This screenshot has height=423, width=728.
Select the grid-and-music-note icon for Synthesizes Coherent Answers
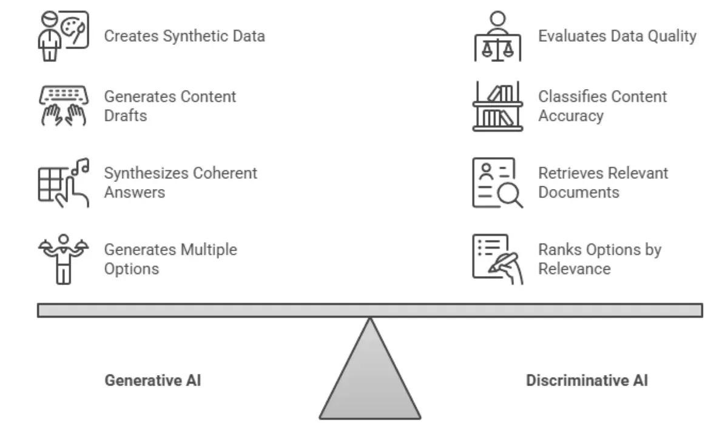pyautogui.click(x=63, y=181)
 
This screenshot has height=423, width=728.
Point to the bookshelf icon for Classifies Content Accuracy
pyautogui.click(x=497, y=107)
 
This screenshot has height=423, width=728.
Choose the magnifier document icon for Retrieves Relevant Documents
pyautogui.click(x=497, y=182)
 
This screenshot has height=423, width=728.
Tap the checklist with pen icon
pyautogui.click(x=497, y=259)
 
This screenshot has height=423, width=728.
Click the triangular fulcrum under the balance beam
pyautogui.click(x=369, y=376)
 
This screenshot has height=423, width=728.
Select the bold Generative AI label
pyautogui.click(x=152, y=381)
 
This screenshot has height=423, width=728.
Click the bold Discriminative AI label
pyautogui.click(x=586, y=381)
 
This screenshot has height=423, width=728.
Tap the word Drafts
pyautogui.click(x=126, y=116)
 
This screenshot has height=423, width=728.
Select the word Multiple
pyautogui.click(x=208, y=250)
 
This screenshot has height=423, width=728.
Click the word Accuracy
pyautogui.click(x=570, y=116)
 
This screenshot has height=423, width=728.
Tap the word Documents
pyautogui.click(x=578, y=193)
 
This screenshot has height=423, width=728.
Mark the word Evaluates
pyautogui.click(x=569, y=36)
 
